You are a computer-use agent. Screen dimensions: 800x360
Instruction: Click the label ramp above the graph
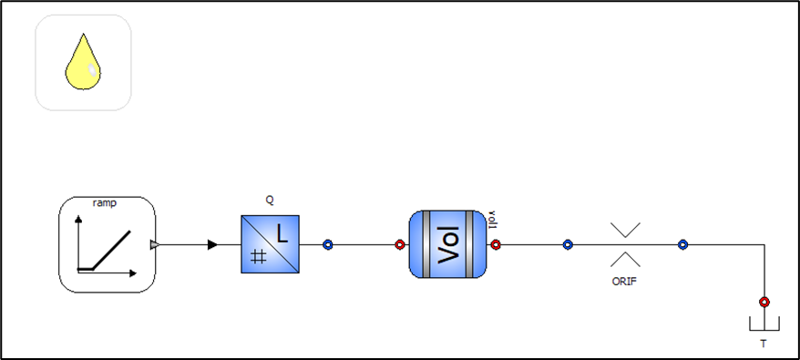point(105,203)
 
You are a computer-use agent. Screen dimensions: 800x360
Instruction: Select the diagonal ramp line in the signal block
point(111,250)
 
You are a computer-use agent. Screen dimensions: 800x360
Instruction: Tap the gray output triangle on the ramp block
point(155,245)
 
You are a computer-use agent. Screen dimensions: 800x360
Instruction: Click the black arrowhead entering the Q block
point(212,245)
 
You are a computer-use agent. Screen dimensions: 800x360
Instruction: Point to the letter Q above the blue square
point(270,201)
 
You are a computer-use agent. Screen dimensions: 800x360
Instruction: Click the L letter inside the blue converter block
point(282,234)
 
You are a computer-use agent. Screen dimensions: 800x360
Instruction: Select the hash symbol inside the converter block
point(259,257)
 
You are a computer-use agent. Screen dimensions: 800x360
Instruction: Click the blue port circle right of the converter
point(327,245)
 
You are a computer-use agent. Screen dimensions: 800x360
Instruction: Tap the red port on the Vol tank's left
point(400,245)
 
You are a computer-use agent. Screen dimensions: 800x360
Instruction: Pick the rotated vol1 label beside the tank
point(493,219)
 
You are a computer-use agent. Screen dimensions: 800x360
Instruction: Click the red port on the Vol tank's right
point(496,245)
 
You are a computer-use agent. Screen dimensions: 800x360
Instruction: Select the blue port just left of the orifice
point(568,245)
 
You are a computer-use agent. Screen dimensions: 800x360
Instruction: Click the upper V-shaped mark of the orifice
point(625,230)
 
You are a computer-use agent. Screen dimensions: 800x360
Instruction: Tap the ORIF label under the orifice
point(624,282)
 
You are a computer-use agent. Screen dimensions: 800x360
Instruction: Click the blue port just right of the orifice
point(682,245)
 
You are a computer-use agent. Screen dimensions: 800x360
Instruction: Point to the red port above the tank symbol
point(764,302)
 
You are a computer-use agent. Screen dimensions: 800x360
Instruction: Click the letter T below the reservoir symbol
point(764,345)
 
